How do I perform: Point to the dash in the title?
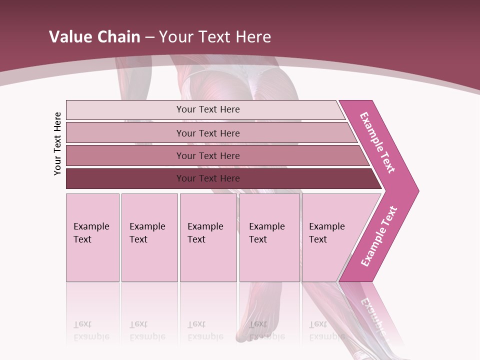[x=149, y=37]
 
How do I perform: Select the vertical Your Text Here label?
[x=58, y=143]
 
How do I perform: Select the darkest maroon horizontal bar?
[x=125, y=178]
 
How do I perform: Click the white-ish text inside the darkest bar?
[x=208, y=178]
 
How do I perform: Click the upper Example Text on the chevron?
[x=377, y=142]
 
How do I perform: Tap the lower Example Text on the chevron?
[x=379, y=236]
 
